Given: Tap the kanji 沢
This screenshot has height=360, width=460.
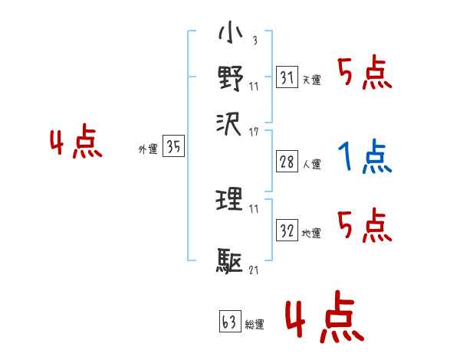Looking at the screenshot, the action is pyautogui.click(x=230, y=122).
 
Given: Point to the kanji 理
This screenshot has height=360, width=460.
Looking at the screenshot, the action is pyautogui.click(x=230, y=201).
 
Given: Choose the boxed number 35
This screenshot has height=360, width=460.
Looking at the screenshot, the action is pyautogui.click(x=174, y=147).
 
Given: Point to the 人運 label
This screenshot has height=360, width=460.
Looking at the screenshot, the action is pyautogui.click(x=311, y=163).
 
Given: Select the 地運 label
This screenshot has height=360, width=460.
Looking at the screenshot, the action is pyautogui.click(x=311, y=233).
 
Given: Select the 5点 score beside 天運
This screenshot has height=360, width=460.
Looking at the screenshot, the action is pyautogui.click(x=364, y=74).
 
